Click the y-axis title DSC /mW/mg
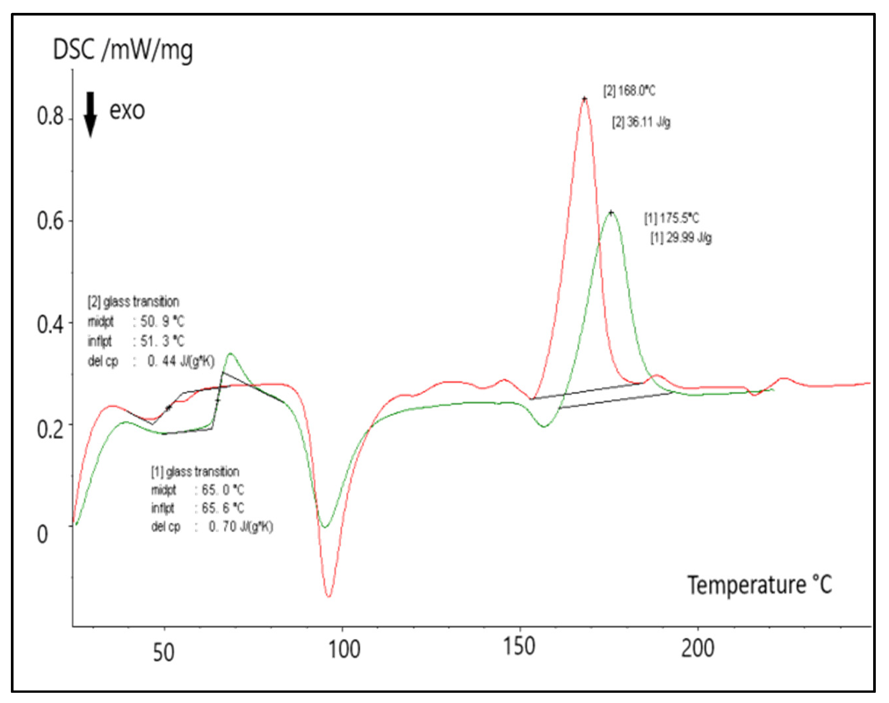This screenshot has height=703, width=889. pos(123,50)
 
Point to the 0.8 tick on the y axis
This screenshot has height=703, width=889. pos(50,117)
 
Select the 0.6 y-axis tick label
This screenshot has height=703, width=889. pos(50,221)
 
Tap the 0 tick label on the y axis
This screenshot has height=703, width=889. pos(42,534)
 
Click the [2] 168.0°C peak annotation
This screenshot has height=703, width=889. pos(629,91)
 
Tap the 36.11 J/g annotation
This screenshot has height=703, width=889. pos(642,122)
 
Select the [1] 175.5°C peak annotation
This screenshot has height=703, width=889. pos(672,218)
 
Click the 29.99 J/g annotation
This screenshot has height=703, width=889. pos(681,238)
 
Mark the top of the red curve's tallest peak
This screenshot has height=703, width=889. pos(584,99)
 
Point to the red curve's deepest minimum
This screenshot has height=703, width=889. pos(329,596)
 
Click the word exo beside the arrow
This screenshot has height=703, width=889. pos(127,111)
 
